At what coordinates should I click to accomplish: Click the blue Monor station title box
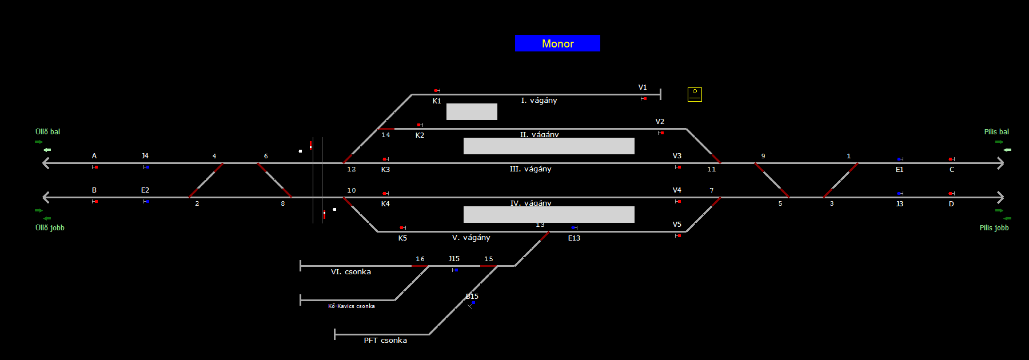coord(557,43)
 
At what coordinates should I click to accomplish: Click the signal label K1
coord(437,101)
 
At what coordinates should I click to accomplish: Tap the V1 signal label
coord(643,87)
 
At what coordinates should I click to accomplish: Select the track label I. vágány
coord(539,101)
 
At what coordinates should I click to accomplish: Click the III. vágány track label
coord(530,169)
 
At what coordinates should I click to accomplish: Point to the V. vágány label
coord(471,238)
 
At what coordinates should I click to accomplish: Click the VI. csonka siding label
coord(350,272)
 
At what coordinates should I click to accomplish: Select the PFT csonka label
coord(385,341)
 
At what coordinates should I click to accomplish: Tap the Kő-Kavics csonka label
coord(351,306)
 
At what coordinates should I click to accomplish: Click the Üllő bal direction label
coord(47,132)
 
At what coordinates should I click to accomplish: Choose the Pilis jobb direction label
coord(994,228)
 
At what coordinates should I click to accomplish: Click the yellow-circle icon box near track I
coord(695,94)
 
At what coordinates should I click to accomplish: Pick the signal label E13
coord(574,238)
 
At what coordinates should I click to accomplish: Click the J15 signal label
coord(454,259)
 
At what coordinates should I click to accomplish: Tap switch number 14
coord(386,135)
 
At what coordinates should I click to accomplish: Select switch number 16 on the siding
coord(420,259)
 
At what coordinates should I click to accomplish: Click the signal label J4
coord(145,156)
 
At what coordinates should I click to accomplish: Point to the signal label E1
coord(899,170)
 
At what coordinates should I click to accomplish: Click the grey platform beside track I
coord(472,111)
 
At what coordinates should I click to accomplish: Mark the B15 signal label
coord(472,297)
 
